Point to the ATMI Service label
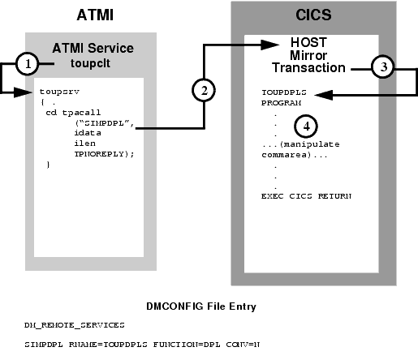click(93, 49)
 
